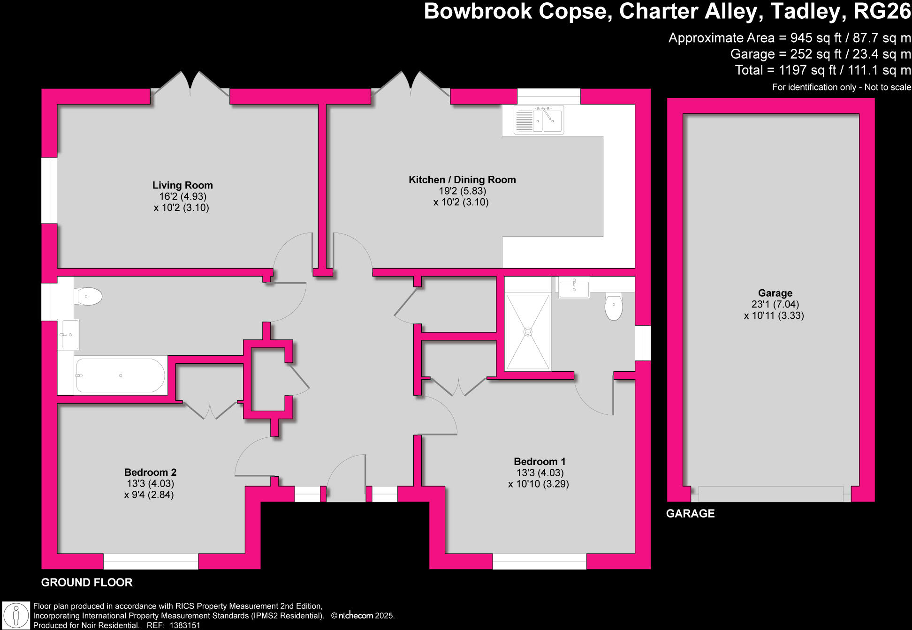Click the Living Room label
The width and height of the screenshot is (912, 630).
182,186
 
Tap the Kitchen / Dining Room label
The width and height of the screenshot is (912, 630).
462,180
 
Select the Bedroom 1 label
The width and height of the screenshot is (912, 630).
539,462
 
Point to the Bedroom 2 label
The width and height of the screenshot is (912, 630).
150,472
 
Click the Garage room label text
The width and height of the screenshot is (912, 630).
775,293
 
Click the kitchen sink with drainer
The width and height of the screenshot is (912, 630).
539,120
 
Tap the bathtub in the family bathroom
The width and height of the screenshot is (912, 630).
120,375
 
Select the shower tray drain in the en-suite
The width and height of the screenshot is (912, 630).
528,332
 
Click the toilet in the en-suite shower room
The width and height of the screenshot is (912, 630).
614,307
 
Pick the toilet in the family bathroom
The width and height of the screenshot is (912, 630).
89,296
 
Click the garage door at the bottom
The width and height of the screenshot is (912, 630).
771,494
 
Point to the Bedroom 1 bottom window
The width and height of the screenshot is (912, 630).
540,561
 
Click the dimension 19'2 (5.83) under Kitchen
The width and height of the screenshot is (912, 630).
462,191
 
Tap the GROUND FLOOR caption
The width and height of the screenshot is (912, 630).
87,583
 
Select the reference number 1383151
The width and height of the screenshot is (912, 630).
185,625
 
